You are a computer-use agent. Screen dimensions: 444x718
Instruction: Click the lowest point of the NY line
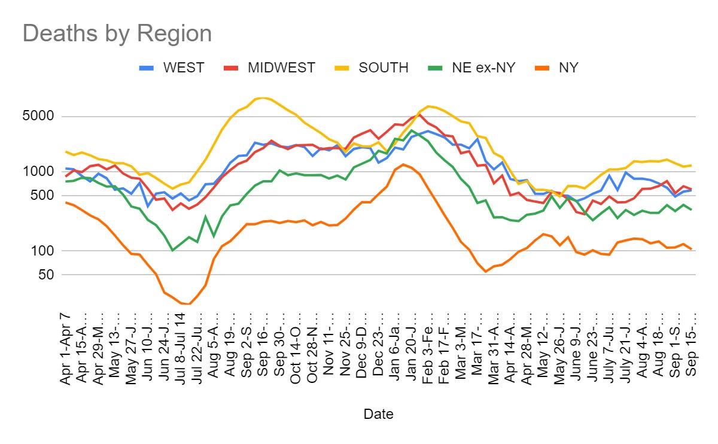click(189, 304)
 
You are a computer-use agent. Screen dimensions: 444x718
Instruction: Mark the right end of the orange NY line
click(691, 249)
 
